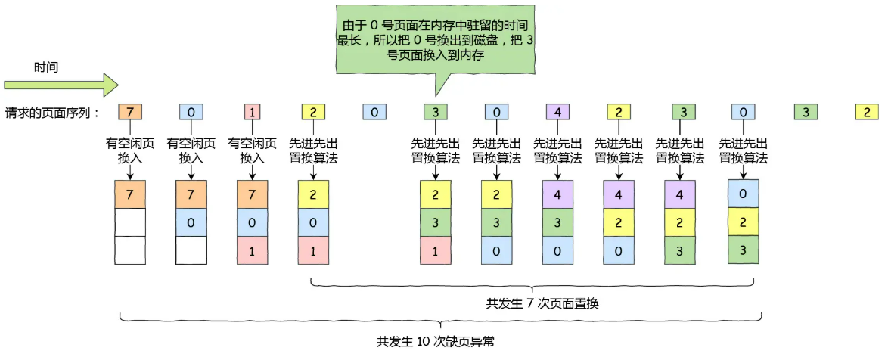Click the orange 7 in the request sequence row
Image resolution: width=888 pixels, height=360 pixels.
pyautogui.click(x=129, y=113)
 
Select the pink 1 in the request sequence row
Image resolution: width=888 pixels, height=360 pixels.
pyautogui.click(x=252, y=113)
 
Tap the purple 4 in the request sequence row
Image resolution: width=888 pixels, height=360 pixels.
pyautogui.click(x=557, y=113)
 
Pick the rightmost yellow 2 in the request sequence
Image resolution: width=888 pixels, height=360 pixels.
pyautogui.click(x=866, y=113)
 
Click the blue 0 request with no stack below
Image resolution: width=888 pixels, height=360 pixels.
pyautogui.click(x=374, y=113)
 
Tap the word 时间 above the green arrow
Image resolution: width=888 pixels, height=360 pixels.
pyautogui.click(x=46, y=67)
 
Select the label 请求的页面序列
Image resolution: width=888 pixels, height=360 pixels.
pyautogui.click(x=51, y=113)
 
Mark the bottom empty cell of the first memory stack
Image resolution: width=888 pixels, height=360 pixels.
pyautogui.click(x=129, y=250)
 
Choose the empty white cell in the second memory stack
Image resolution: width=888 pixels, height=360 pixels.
pyautogui.click(x=191, y=250)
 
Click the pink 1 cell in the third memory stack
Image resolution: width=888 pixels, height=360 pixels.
pyautogui.click(x=252, y=250)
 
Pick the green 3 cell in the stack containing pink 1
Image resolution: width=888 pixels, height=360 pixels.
pyautogui.click(x=435, y=223)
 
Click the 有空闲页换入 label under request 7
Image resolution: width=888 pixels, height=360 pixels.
pyautogui.click(x=129, y=150)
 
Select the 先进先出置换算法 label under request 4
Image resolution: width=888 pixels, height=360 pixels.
pyautogui.click(x=557, y=150)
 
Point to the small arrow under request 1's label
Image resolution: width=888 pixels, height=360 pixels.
pyautogui.click(x=252, y=173)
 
